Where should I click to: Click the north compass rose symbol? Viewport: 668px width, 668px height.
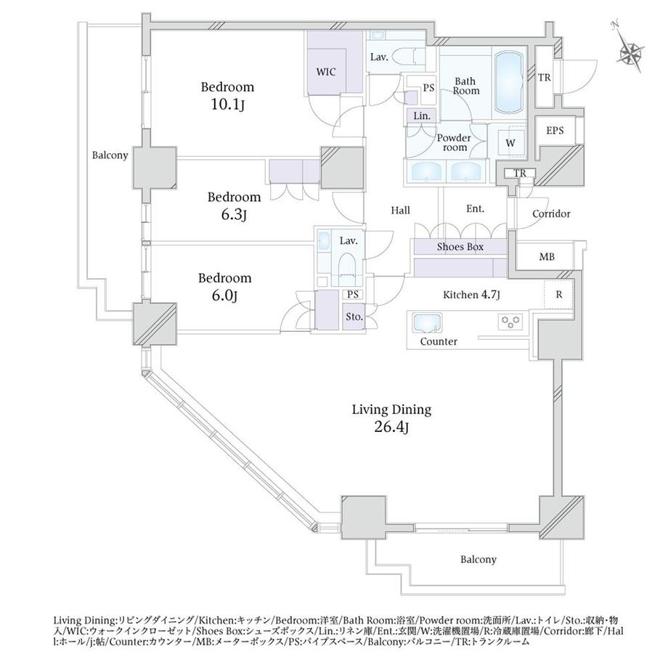pyautogui.click(x=630, y=51)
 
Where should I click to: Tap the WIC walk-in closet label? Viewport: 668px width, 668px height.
pyautogui.click(x=326, y=72)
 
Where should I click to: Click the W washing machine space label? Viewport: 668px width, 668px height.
pyautogui.click(x=510, y=143)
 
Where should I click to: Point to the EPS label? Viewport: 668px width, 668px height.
pyautogui.click(x=555, y=131)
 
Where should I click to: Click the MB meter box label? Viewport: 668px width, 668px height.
pyautogui.click(x=547, y=257)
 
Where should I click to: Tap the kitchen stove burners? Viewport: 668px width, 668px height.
pyautogui.click(x=510, y=321)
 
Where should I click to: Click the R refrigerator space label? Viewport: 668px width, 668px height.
pyautogui.click(x=559, y=294)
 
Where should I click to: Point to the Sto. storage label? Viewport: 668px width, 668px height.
pyautogui.click(x=354, y=317)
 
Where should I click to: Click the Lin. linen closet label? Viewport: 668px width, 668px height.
pyautogui.click(x=422, y=115)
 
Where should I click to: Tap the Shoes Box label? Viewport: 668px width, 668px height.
pyautogui.click(x=460, y=247)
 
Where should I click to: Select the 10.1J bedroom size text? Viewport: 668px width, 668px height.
pyautogui.click(x=227, y=104)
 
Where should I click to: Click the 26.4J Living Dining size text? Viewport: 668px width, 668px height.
pyautogui.click(x=391, y=427)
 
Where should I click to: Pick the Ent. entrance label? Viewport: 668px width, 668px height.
pyautogui.click(x=475, y=208)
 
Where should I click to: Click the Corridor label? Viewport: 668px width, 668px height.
pyautogui.click(x=551, y=213)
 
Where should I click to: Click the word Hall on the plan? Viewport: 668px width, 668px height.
pyautogui.click(x=401, y=210)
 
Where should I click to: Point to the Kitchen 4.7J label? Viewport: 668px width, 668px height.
pyautogui.click(x=471, y=294)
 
